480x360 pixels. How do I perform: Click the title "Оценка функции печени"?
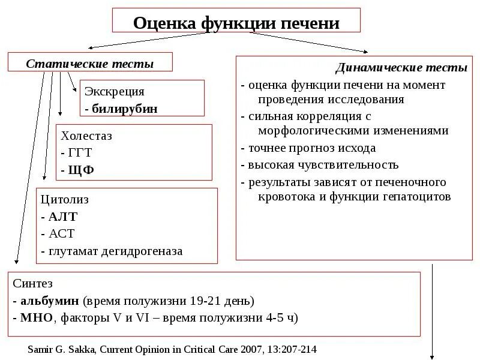tap(236, 23)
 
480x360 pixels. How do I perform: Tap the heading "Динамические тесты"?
tap(401, 68)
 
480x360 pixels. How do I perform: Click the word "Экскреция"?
tap(115, 92)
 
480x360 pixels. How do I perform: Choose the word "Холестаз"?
tap(87, 136)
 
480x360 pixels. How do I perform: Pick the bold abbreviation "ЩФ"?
tap(81, 170)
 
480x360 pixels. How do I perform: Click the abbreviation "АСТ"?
tap(62, 234)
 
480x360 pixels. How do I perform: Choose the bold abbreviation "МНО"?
tap(37, 317)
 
